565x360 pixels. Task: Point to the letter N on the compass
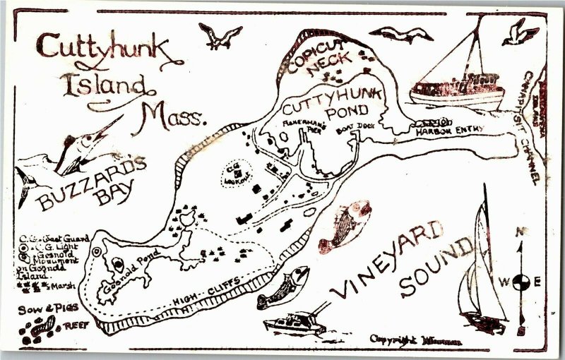point(519,232)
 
